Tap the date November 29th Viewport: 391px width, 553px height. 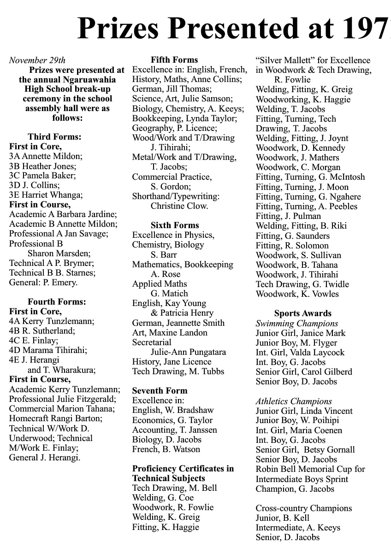(x=37, y=60)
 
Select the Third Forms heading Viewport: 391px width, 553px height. (x=54, y=137)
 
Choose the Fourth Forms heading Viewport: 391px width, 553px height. (x=57, y=302)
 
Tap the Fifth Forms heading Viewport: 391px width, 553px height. (x=174, y=60)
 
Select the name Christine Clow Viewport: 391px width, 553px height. (x=179, y=206)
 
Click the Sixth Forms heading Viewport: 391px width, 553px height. (x=175, y=225)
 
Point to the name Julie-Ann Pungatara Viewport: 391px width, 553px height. (x=188, y=352)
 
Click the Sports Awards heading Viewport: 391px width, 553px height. (x=303, y=314)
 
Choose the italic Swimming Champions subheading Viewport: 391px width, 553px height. (x=297, y=324)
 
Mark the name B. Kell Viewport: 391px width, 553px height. (x=295, y=518)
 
